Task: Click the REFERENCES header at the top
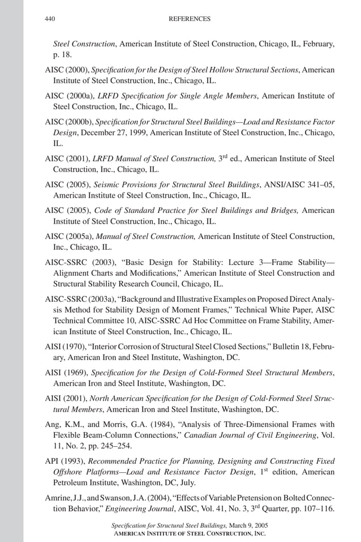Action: point(190,19)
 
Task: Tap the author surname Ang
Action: point(51,424)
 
